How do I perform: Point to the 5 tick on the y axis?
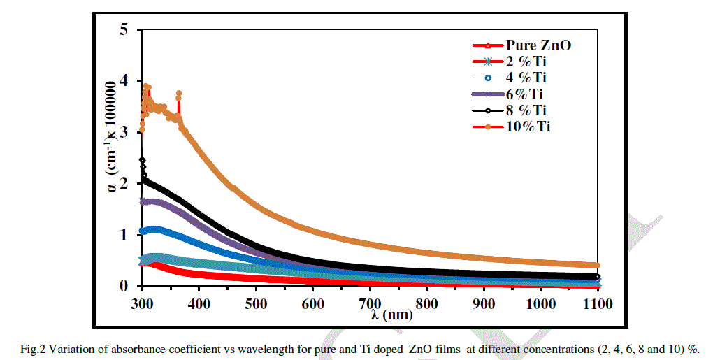(124, 29)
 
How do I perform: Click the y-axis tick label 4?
(124, 80)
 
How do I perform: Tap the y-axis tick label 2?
(124, 183)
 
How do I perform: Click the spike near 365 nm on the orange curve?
(179, 94)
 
